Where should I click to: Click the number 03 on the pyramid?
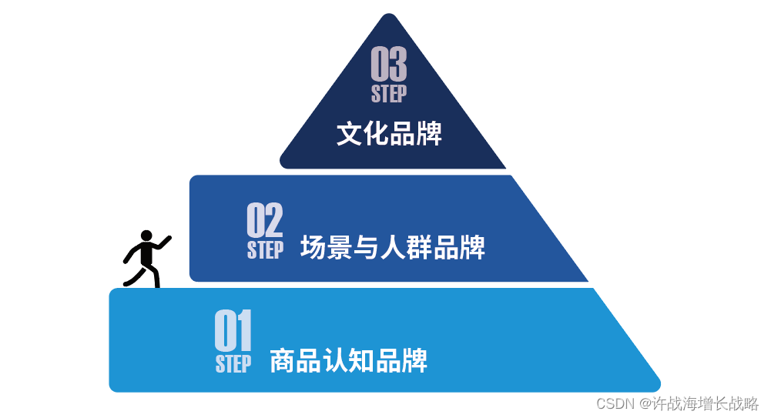pos(389,65)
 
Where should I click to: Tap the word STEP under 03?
pos(389,94)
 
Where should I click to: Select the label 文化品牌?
pos(389,134)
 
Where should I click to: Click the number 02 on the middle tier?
pos(264,220)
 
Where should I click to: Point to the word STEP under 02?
pos(265,250)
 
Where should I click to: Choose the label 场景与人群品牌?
pos(393,248)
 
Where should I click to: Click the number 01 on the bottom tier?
pos(233,331)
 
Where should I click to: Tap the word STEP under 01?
pos(233,363)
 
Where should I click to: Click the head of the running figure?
pos(146,236)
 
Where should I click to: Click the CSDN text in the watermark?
pos(615,403)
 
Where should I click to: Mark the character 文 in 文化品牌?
pos(350,134)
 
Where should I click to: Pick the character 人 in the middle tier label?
pos(394,248)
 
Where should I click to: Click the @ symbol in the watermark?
pos(644,403)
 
